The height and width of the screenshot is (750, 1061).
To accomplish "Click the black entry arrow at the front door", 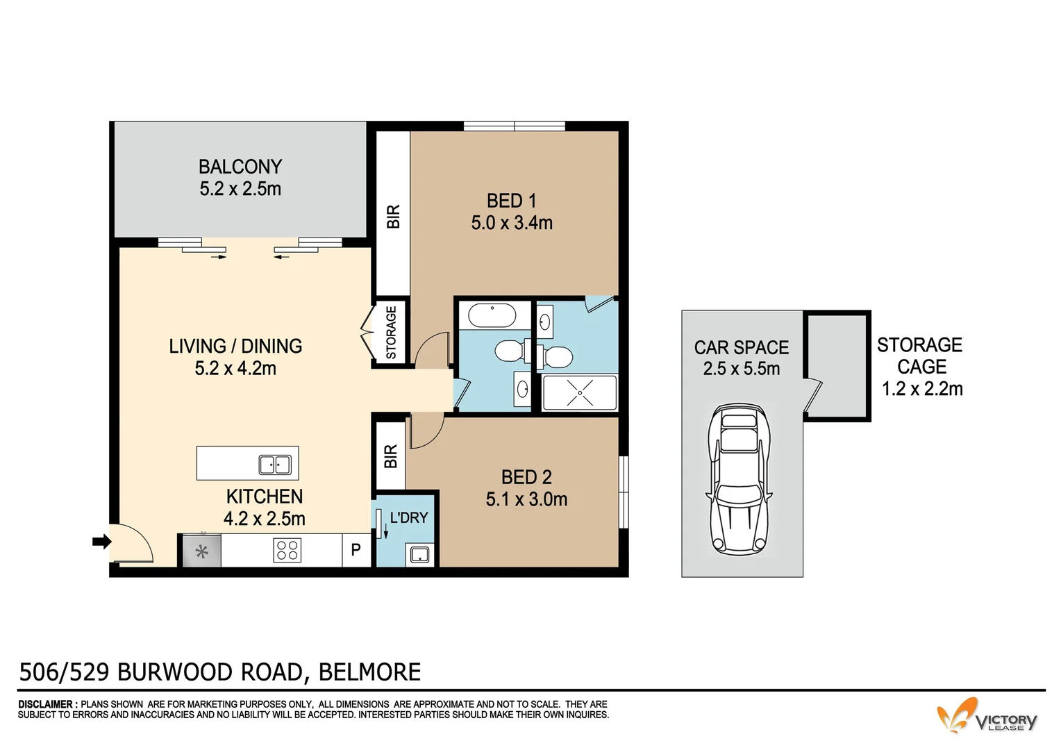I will [x=101, y=542].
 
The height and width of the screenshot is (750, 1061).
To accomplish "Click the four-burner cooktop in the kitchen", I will [x=287, y=551].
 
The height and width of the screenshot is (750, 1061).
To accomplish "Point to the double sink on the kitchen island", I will [x=275, y=465].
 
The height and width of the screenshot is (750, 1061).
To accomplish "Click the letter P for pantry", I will [x=356, y=550].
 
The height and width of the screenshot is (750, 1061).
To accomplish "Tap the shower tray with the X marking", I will [x=579, y=394].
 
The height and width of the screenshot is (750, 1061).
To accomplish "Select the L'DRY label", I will [x=409, y=517].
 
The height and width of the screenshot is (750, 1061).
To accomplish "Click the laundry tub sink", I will [x=419, y=554].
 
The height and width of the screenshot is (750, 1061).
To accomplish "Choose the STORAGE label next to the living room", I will [x=391, y=333].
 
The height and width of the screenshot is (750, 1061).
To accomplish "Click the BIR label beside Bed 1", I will [x=393, y=217].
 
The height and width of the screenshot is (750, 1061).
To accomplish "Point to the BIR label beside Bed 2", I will [x=390, y=457].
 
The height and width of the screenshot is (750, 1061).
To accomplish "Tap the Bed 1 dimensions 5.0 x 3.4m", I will [x=512, y=223].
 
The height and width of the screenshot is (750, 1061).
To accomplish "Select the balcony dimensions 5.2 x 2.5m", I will [x=240, y=189].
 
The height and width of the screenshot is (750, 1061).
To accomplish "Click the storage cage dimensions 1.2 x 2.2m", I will [x=921, y=389].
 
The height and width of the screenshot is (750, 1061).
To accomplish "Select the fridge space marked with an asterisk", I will [x=201, y=551].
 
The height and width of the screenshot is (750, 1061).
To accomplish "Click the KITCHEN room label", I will [x=265, y=497].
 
